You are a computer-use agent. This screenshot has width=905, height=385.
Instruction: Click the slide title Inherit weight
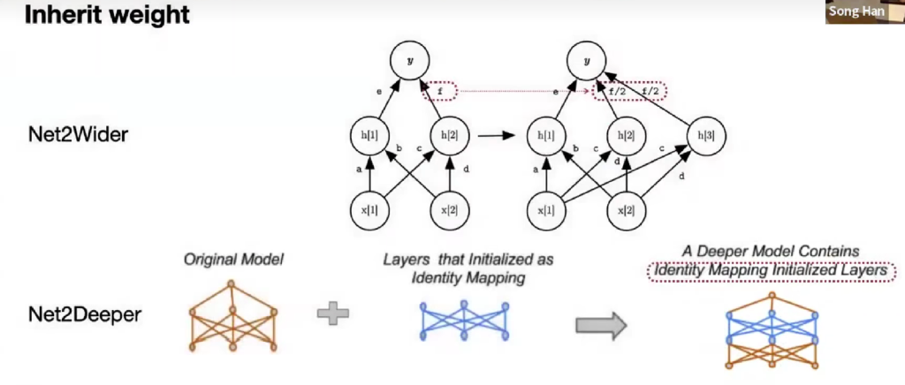(105, 16)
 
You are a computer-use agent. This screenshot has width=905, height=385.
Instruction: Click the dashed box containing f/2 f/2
(628, 91)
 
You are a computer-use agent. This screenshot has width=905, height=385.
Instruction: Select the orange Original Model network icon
(232, 316)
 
